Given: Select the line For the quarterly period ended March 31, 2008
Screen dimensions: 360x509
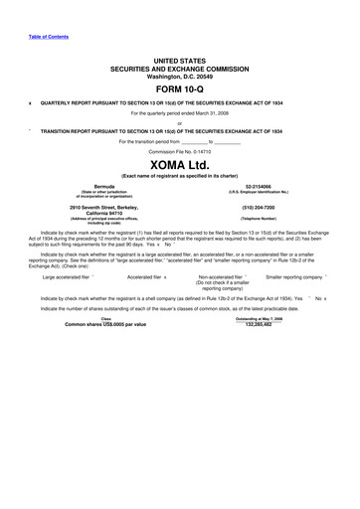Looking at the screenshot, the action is pos(179,113).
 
